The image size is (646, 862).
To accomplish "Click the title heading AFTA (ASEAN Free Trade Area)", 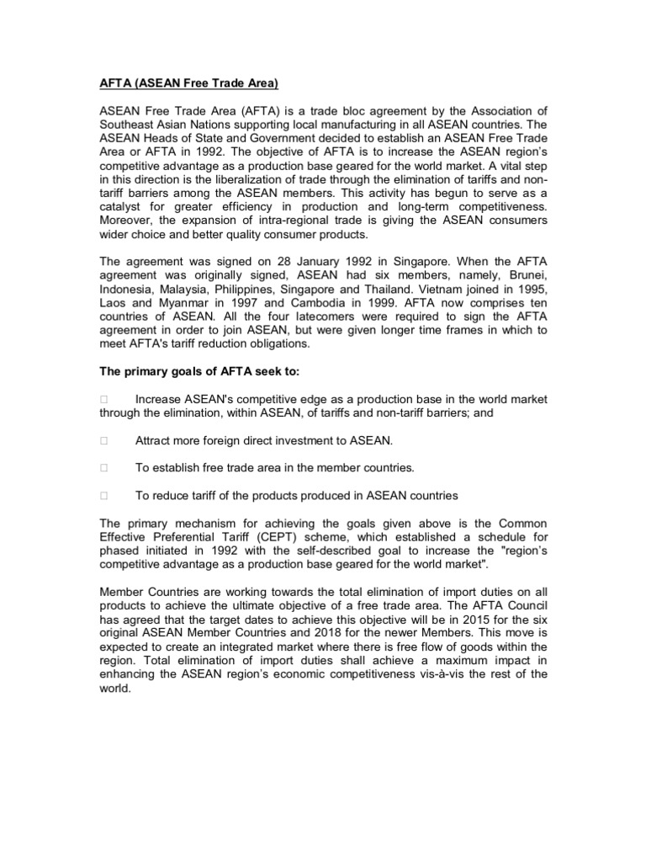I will coord(188,84).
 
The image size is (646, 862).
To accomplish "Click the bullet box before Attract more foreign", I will coord(103,440).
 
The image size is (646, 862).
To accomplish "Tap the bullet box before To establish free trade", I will coord(103,468).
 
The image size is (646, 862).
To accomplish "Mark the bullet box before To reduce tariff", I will coord(103,496).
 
